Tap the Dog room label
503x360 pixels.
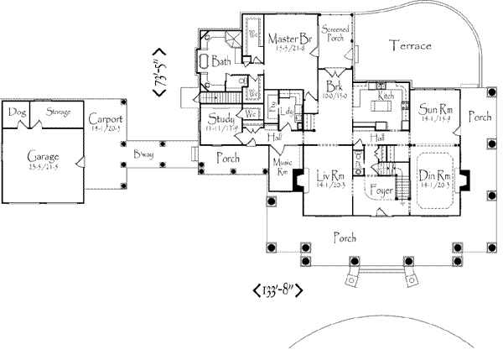pos(14,112)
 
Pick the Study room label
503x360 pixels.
pos(222,118)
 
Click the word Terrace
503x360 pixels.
pos(411,46)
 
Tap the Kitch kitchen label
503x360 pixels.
pos(386,97)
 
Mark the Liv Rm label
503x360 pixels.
pos(328,175)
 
